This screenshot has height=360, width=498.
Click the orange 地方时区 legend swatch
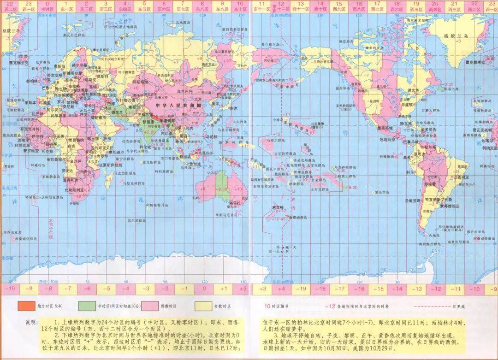tap(26, 306)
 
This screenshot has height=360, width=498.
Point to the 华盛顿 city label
tap(405, 104)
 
